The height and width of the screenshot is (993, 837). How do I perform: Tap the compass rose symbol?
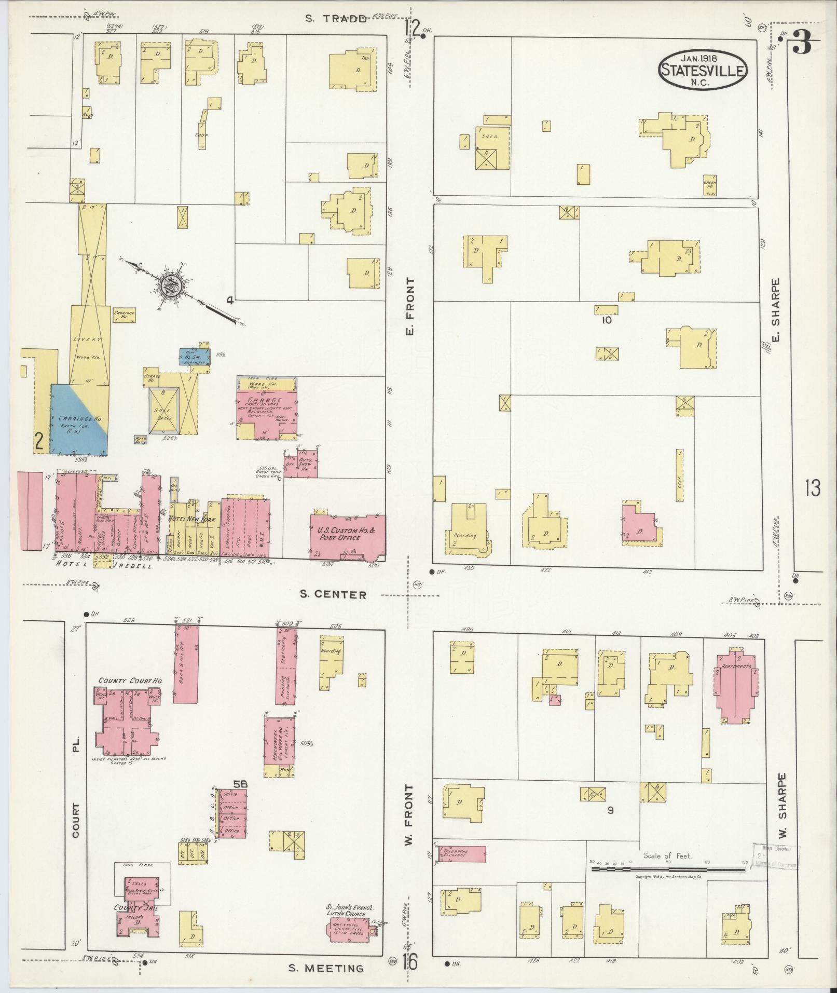pos(171,285)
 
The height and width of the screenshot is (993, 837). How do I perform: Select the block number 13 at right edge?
pos(812,489)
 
